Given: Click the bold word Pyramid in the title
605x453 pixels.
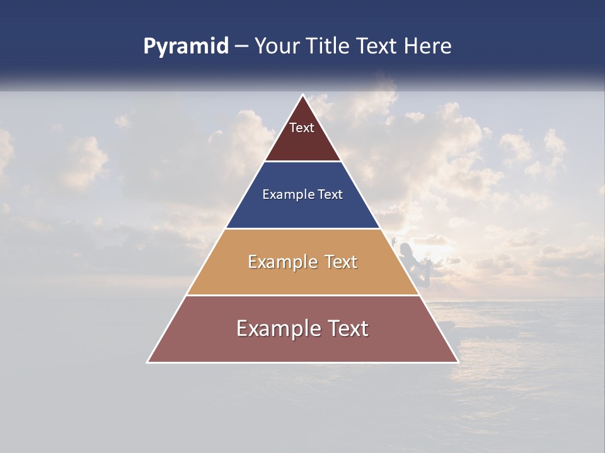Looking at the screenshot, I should (186, 47).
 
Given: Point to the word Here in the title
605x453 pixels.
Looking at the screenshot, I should (428, 47).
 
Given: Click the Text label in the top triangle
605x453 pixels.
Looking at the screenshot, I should (302, 128).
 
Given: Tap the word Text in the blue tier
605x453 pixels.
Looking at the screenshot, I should (330, 194).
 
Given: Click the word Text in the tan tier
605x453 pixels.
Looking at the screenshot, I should (341, 262).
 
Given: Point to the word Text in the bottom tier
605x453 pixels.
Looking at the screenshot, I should (347, 328).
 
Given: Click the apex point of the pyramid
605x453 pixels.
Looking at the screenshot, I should (303, 95).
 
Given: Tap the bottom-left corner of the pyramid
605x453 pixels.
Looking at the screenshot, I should (147, 362).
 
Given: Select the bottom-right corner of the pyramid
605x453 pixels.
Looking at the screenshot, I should (458, 362).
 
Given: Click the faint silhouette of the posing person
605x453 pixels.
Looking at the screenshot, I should (406, 258).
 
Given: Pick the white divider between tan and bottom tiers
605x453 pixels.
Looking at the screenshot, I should (303, 295).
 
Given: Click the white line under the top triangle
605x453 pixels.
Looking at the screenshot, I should (303, 162).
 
